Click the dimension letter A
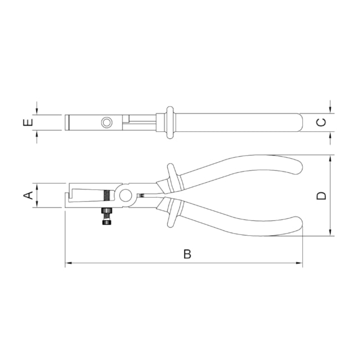[28, 196]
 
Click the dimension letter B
[187, 254]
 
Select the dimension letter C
[321, 122]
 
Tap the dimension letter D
[321, 196]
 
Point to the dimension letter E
[28, 122]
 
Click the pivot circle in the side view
[125, 196]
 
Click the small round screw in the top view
[106, 122]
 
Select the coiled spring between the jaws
[107, 196]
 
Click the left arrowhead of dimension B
[68, 263]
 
